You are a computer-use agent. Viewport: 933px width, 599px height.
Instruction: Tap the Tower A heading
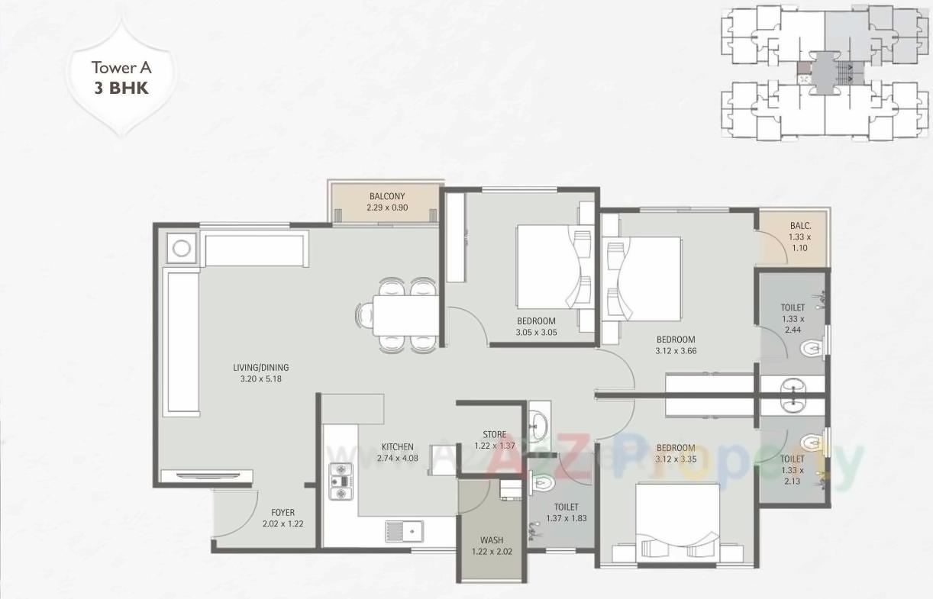(121, 66)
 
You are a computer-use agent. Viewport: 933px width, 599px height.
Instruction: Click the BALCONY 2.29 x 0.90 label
(387, 201)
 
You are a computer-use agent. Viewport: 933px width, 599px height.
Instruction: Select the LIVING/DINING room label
(261, 372)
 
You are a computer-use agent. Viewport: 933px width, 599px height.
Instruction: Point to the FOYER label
(282, 518)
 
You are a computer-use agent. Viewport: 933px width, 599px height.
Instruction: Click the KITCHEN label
(397, 452)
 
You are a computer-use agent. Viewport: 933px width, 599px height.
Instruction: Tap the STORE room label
(494, 440)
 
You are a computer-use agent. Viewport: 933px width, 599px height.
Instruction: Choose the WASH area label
(492, 546)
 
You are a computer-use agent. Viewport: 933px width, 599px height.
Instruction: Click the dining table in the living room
(405, 314)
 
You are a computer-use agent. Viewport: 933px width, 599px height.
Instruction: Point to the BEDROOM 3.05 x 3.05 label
(536, 326)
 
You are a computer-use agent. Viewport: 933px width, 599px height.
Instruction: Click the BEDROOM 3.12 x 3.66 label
(676, 345)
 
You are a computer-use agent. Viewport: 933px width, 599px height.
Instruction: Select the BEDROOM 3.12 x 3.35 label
(676, 453)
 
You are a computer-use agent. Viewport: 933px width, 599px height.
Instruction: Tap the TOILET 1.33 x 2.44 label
(793, 318)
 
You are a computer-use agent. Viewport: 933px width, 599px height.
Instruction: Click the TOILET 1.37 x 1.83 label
(566, 513)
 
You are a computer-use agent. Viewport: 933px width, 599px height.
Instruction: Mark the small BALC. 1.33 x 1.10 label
(799, 237)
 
